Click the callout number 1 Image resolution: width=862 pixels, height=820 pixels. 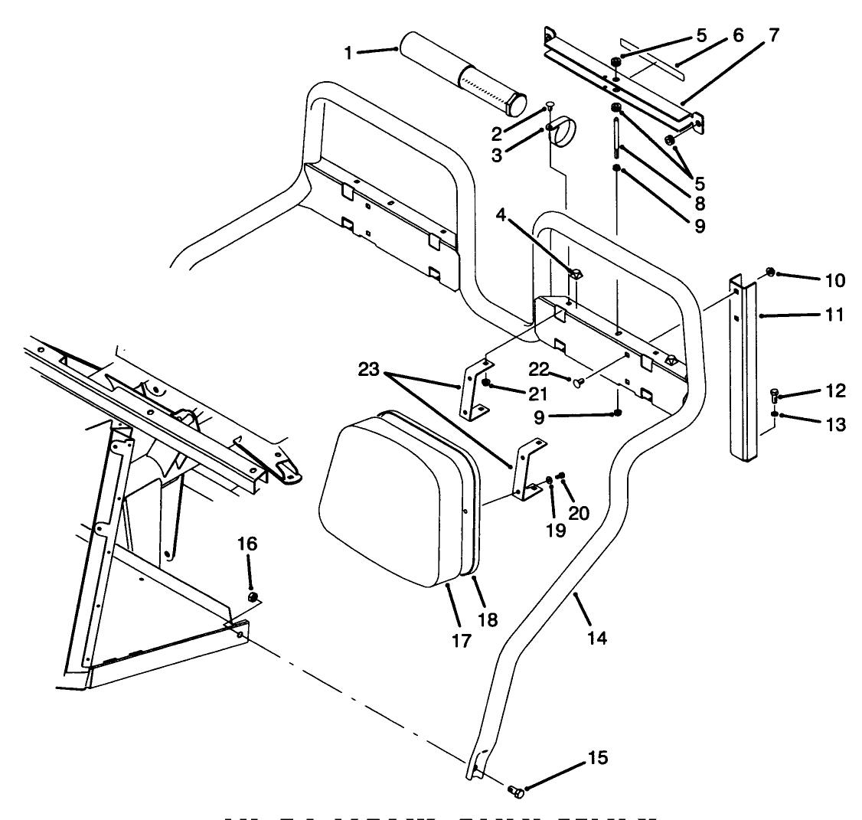click(x=348, y=53)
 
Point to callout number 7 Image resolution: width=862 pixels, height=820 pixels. click(x=774, y=36)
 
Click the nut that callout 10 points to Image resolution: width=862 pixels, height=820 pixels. click(x=771, y=271)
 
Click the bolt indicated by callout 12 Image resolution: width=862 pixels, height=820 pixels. click(x=774, y=397)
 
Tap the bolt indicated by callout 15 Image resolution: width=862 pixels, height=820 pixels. click(x=515, y=792)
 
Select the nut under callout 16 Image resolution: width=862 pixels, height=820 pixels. click(x=253, y=597)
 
